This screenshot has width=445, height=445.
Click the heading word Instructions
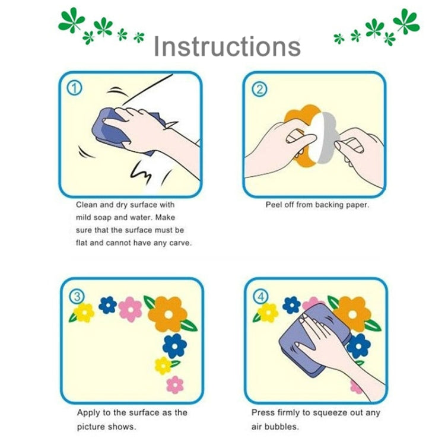tap(227, 46)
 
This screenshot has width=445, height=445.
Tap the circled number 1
tap(74, 88)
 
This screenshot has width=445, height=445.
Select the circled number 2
tap(260, 90)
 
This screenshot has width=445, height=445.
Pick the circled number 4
tap(261, 297)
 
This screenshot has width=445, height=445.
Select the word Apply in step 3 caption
tap(88, 413)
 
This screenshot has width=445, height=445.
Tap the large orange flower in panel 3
tap(169, 314)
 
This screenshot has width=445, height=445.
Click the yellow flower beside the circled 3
tap(84, 313)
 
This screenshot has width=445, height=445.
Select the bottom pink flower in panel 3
tap(175, 385)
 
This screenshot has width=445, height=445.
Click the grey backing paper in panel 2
tap(329, 138)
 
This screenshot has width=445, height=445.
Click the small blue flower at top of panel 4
tap(291, 305)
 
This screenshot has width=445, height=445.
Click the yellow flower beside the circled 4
tap(268, 313)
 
